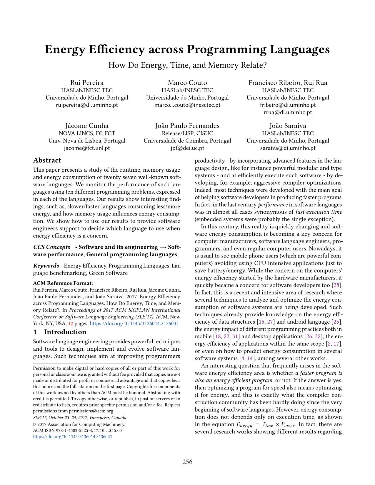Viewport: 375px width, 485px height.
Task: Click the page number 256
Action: tap(187, 462)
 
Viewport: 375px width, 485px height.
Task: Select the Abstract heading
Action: tap(47, 160)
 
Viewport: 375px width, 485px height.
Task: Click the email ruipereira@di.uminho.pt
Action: tap(87, 105)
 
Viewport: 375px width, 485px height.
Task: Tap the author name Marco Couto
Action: tap(187, 83)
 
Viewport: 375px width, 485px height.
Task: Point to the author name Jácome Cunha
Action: tap(87, 126)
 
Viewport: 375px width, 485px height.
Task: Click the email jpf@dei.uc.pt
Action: tap(187, 148)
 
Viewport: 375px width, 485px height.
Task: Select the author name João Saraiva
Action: tap(288, 126)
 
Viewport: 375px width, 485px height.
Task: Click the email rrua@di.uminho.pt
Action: tap(288, 112)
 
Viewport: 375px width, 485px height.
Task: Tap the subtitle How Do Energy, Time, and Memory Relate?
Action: tap(187, 65)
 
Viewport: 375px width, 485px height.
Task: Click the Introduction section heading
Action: tap(65, 332)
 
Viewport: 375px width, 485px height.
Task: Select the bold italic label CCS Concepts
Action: tap(52, 247)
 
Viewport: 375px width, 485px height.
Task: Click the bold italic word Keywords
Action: tap(46, 266)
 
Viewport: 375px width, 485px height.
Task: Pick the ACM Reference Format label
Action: tap(63, 283)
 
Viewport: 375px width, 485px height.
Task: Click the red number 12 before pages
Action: tap(71, 324)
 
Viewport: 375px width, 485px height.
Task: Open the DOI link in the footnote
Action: tap(73, 437)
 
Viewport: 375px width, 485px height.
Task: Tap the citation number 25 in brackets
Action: tap(337, 322)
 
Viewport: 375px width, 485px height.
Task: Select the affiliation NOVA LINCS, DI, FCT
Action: tap(87, 133)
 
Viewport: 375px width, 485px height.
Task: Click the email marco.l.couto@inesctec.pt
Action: tap(187, 105)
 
